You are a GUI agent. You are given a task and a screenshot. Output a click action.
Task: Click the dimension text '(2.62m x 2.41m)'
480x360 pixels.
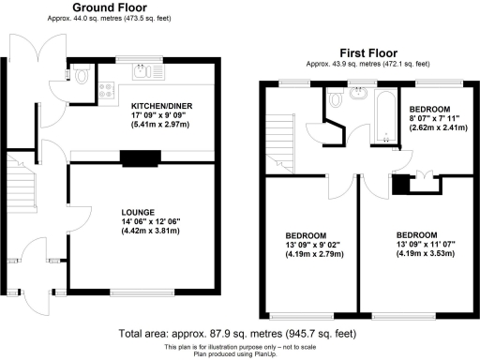tap(436, 129)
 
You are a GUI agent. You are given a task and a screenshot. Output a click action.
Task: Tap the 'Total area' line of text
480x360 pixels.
tap(239, 334)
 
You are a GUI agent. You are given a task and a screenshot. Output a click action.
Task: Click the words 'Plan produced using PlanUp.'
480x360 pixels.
tap(239, 353)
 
